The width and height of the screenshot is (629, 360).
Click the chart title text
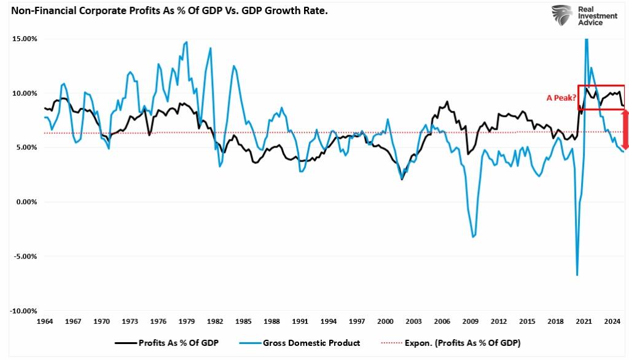point(165,11)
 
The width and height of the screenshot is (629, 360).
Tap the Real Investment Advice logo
point(577,15)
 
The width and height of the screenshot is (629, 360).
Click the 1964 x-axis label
point(45,321)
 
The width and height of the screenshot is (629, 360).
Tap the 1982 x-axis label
point(215,321)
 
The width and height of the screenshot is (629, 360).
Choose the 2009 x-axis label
point(471,321)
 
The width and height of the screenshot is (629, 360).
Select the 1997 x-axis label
point(357,321)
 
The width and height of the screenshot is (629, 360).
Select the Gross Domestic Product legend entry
point(310,343)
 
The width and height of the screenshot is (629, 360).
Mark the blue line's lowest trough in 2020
point(577,275)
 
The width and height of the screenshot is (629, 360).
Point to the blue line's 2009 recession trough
point(472,237)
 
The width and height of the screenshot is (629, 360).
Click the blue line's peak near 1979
point(187,42)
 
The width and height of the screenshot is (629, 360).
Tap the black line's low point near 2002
point(402,179)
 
